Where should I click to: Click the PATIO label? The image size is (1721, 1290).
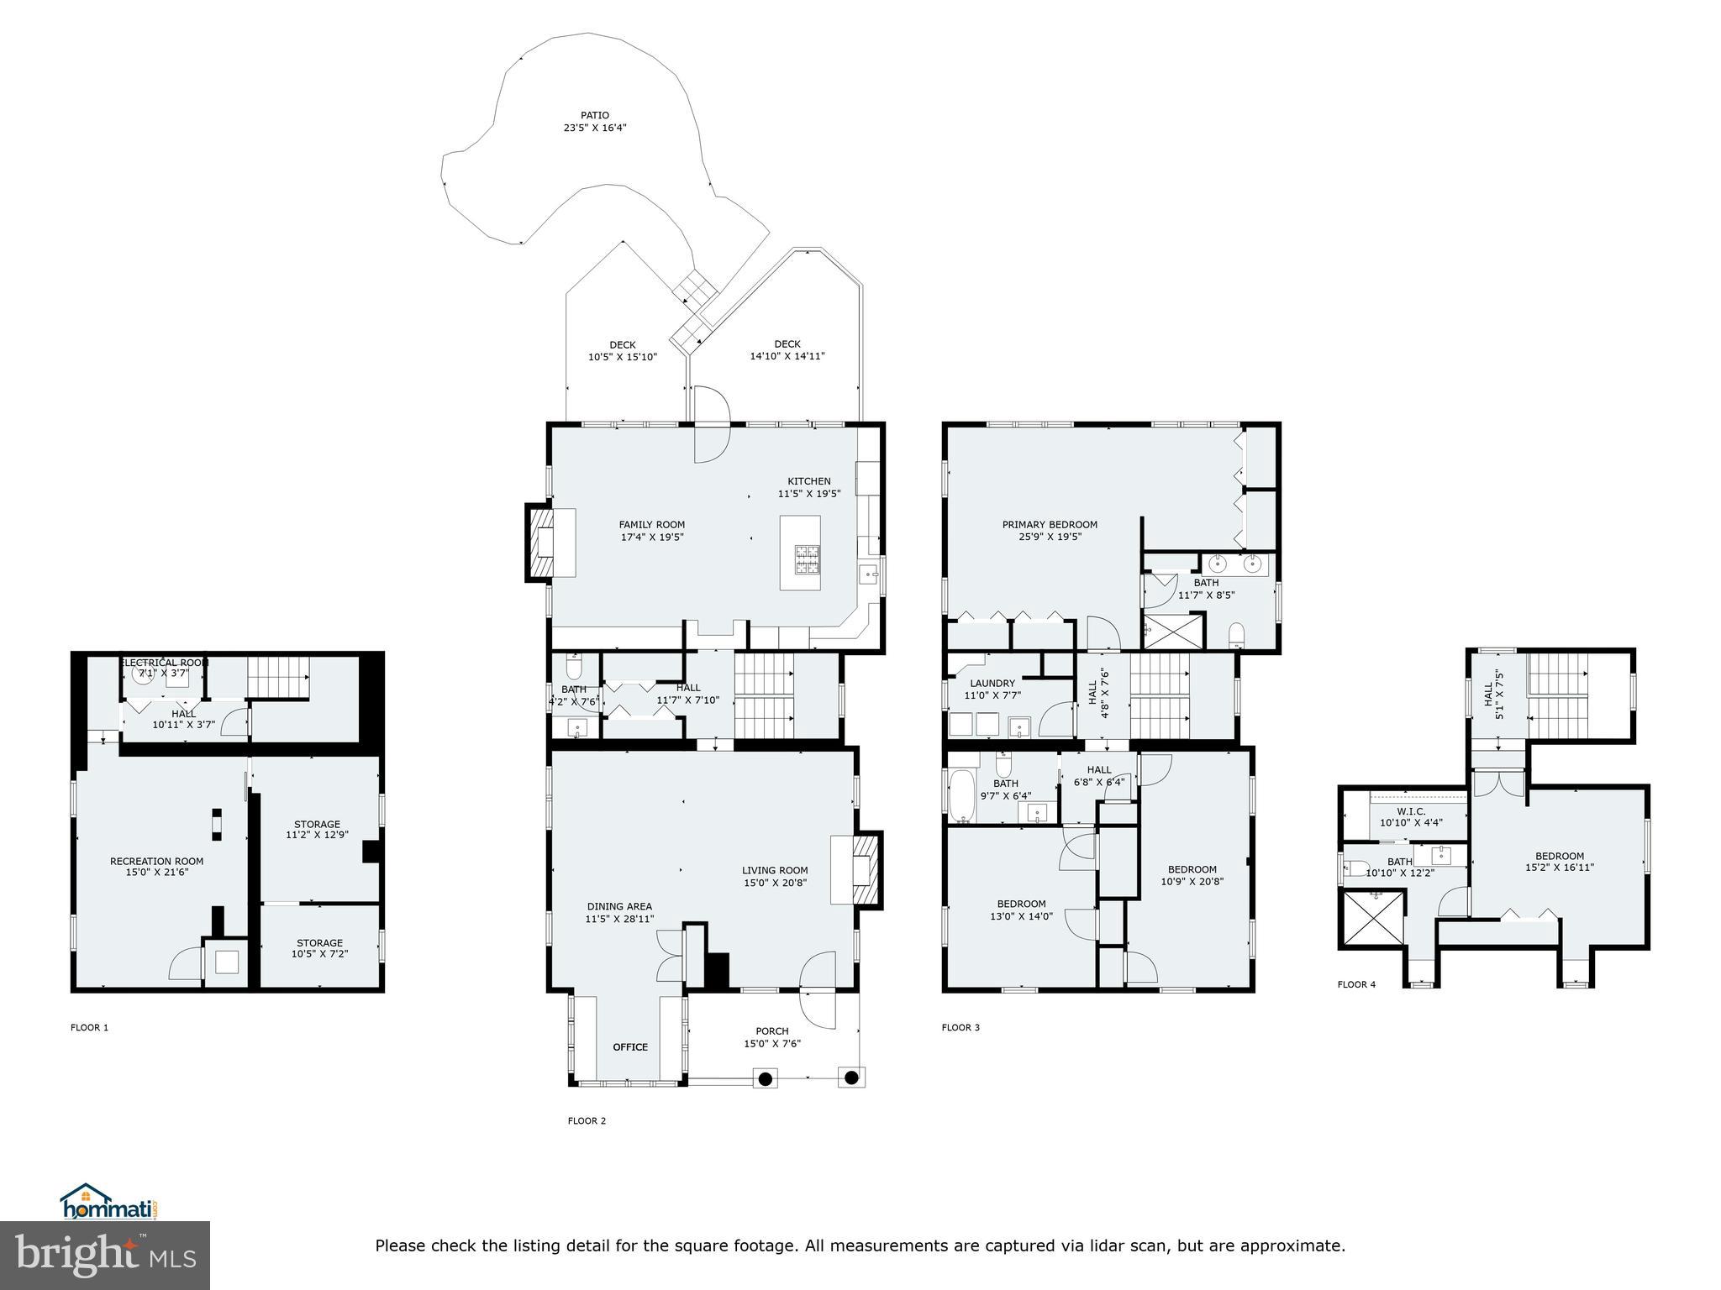[594, 116]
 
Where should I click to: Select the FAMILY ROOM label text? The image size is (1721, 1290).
[651, 525]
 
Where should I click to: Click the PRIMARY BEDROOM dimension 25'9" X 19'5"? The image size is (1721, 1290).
[1050, 537]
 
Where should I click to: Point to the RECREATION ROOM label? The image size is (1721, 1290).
[156, 861]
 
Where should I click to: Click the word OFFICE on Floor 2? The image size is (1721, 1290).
[630, 1046]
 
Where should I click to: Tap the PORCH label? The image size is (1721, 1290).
[771, 1031]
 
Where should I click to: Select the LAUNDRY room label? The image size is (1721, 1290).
[992, 684]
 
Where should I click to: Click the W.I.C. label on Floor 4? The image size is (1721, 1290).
[1411, 811]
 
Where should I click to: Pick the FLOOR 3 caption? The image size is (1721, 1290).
[960, 1027]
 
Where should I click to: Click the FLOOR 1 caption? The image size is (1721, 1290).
[89, 1027]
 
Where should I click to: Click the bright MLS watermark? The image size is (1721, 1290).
[105, 1256]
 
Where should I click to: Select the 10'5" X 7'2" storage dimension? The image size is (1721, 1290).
[319, 954]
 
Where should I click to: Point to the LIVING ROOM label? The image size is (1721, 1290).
[775, 871]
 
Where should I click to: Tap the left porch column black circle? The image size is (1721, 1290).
[766, 1078]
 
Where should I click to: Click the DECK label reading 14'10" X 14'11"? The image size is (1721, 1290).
[787, 356]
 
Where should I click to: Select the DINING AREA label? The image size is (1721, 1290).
[619, 907]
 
